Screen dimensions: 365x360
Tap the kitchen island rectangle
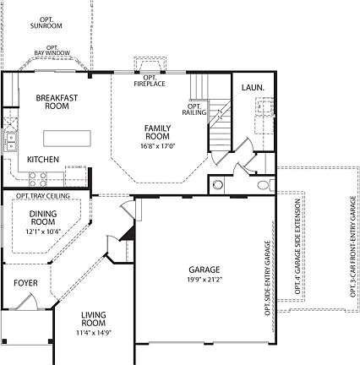[68, 139]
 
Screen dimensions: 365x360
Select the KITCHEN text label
[42, 160]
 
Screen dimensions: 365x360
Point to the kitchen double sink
[11, 142]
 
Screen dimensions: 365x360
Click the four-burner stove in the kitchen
[39, 177]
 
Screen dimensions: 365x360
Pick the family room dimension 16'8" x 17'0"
[158, 145]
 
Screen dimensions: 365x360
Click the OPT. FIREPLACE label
[149, 82]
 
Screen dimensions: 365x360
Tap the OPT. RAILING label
[194, 110]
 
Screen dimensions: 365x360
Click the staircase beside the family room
[220, 131]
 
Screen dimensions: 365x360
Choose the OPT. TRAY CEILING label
[41, 196]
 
